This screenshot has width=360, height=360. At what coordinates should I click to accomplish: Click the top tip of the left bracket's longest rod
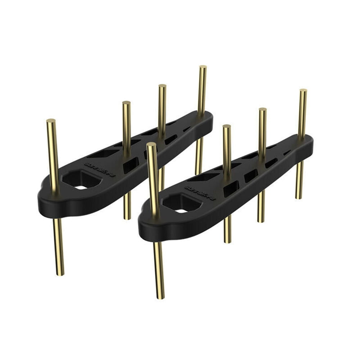pos(51,121)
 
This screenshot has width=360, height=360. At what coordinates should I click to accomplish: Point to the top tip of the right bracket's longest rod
pos(151,144)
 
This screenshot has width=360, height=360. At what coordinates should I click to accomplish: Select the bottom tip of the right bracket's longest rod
pos(161,297)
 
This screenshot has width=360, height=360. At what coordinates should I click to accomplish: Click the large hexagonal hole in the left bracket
pos(80,179)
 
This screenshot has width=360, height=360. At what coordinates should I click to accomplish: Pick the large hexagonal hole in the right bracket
pos(181,203)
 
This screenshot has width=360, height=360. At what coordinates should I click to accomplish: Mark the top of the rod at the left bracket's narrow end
pos(203,67)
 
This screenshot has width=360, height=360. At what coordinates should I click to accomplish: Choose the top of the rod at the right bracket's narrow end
pos(303,90)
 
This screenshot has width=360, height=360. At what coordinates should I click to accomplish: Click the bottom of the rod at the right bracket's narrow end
pos(299,198)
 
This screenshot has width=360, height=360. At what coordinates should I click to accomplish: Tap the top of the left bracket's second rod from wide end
pos(126,103)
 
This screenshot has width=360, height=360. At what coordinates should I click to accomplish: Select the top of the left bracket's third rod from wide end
pos(162,86)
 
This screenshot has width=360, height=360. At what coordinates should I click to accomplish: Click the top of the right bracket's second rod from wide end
pos(226,126)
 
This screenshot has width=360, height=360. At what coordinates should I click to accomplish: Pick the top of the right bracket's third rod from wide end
pos(263,109)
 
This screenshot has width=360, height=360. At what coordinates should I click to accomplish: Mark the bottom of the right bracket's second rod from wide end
pos(228,242)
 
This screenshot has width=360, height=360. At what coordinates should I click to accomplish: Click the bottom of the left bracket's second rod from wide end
pos(127,218)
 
